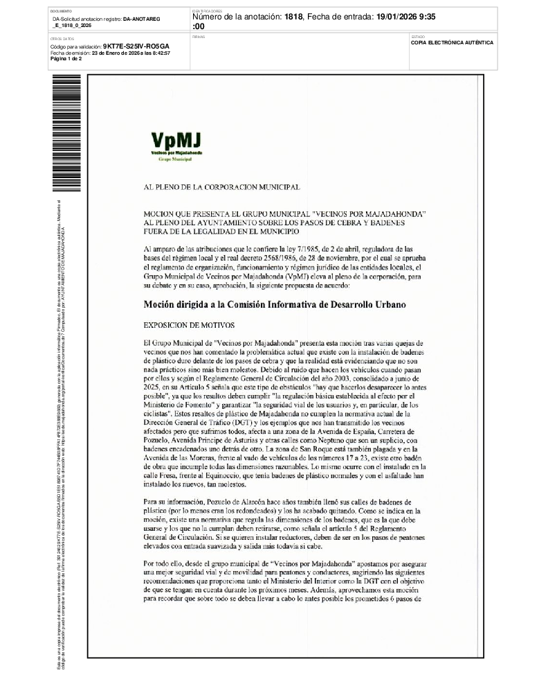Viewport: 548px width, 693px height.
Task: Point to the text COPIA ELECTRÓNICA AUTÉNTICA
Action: tap(452, 42)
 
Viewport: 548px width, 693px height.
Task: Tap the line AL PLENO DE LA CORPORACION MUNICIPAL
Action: tap(221, 187)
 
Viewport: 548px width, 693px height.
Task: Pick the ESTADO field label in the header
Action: tap(418, 36)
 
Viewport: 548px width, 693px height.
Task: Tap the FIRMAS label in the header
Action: tap(199, 36)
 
